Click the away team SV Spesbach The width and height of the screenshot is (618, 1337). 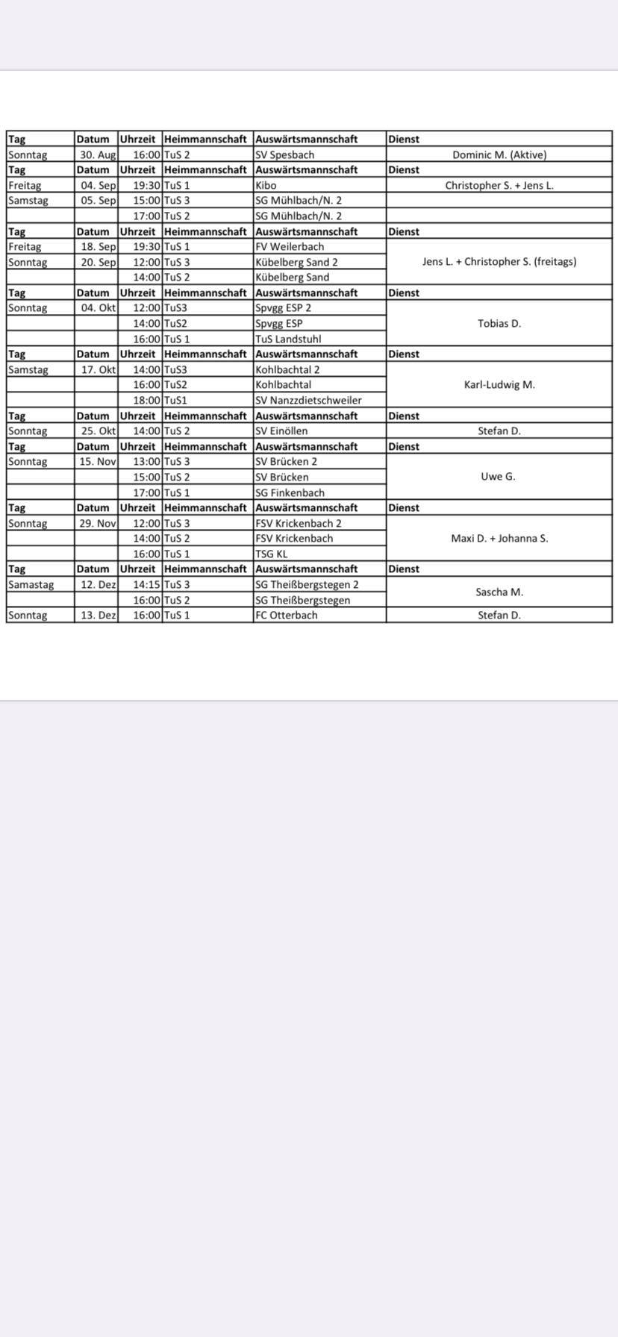point(284,155)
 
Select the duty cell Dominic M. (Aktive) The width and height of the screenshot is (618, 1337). point(499,155)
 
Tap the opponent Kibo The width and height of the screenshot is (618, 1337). point(266,186)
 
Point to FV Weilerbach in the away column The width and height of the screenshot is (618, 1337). point(290,247)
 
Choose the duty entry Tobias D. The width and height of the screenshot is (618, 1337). point(499,324)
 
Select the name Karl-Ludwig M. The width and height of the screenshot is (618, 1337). point(499,385)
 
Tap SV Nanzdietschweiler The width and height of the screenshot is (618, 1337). point(308,401)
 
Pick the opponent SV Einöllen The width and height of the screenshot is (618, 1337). point(281,431)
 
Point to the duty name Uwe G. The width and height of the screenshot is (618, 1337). point(498,477)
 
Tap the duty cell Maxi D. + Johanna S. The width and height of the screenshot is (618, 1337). point(499,539)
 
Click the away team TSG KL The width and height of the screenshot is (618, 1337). point(271,554)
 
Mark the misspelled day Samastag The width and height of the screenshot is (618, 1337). point(31,585)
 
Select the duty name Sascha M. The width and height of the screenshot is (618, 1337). point(499,592)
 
